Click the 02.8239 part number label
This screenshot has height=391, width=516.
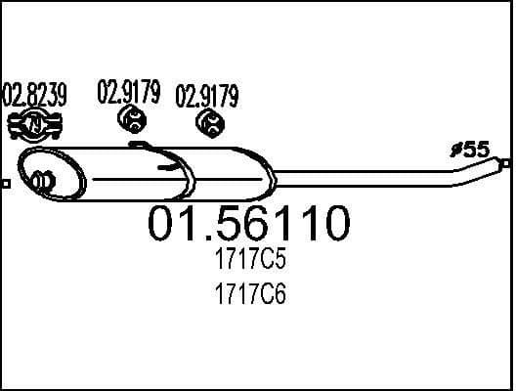coord(35,95)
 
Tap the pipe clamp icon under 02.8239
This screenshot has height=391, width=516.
coord(35,124)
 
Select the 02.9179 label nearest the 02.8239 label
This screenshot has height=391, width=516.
coord(128,93)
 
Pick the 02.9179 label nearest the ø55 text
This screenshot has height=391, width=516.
coord(206,96)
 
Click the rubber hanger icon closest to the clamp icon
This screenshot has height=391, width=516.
coord(130,120)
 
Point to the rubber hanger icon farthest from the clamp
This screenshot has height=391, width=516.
coord(209,122)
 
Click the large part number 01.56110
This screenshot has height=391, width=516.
coord(248,225)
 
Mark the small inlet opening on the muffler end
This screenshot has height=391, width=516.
coord(42,180)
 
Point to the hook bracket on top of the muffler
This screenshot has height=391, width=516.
coord(140,147)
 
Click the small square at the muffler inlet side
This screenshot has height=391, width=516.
coord(5,183)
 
